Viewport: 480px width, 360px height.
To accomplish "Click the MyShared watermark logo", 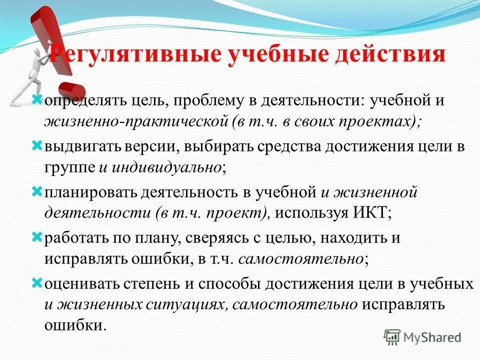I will pyautogui.click(x=422, y=337).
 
